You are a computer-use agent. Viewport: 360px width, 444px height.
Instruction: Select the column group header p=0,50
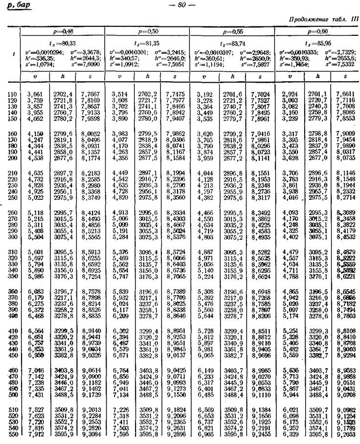(147, 31)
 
